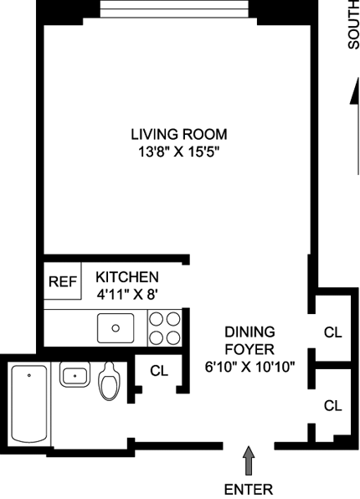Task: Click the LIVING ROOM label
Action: [x=179, y=134]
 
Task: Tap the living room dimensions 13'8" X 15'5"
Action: [x=179, y=152]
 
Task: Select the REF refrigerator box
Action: [x=63, y=281]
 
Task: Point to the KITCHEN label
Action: [x=127, y=277]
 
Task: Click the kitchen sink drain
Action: [x=116, y=328]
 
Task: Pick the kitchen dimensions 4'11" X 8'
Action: [x=127, y=295]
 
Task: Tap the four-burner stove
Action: [x=165, y=328]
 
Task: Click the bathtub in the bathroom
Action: [x=29, y=404]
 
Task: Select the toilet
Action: [x=110, y=381]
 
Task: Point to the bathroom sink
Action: [x=75, y=374]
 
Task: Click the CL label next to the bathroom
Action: [x=159, y=371]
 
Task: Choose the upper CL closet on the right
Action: [x=332, y=332]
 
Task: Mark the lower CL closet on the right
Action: [x=332, y=406]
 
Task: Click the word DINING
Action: [x=249, y=332]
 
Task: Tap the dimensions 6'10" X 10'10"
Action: [x=249, y=368]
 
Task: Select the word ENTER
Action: [x=249, y=490]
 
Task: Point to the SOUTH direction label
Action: [x=353, y=24]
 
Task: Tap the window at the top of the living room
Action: [x=174, y=8]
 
